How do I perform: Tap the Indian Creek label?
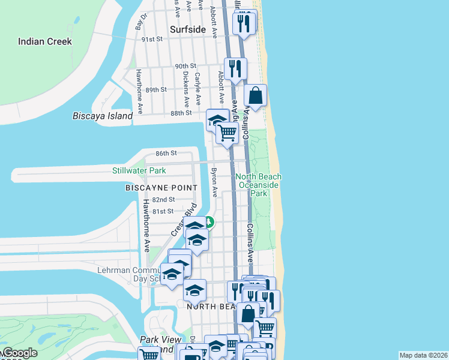coord(45,41)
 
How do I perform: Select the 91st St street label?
coord(152,39)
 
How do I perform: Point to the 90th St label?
coord(185,66)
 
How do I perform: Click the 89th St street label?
coord(155,89)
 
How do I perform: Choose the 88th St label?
coord(181,112)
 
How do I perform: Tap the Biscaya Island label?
coord(102,116)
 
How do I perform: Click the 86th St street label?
coord(165,153)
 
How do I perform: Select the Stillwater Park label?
coord(139,171)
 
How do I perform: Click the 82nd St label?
coord(163,199)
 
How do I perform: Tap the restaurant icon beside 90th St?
coord(235,68)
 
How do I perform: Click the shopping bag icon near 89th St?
coord(256,95)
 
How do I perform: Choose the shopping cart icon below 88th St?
coord(227,133)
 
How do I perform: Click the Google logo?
coord(19,353)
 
